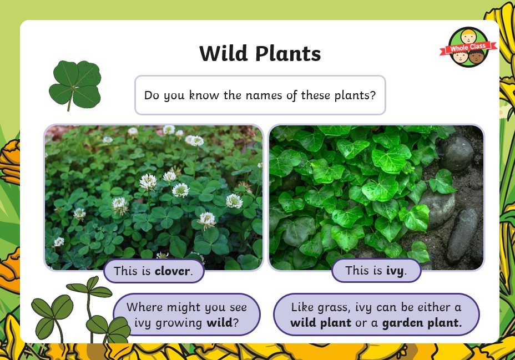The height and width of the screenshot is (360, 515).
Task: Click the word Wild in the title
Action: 223,53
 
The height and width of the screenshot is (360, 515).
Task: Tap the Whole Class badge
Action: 468,47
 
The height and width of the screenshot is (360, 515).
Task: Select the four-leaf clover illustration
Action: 75,85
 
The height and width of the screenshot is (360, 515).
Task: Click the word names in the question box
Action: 264,95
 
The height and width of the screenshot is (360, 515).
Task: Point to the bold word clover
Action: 172,271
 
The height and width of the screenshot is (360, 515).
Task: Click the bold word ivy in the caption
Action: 395,271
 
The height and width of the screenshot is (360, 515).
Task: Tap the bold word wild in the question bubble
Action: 219,322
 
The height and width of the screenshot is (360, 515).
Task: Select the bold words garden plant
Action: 422,323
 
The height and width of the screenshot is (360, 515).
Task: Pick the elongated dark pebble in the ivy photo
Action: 463,235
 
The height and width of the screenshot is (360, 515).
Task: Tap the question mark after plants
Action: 373,95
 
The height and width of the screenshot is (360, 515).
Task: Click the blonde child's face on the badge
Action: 468,36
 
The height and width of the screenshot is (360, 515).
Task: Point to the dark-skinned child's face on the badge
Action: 476,57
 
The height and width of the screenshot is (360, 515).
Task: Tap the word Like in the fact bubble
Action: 301,307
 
